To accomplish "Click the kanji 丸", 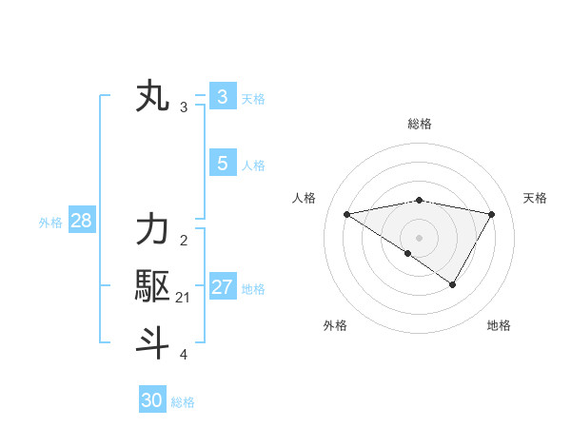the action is coord(153,98).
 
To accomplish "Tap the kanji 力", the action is coord(152,231).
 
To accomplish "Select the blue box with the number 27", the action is coord(223,287).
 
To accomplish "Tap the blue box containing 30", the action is coord(152,400).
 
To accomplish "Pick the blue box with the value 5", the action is coord(223,164).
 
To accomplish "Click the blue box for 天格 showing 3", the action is coord(223,97).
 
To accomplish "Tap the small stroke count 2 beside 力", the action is coord(184,240).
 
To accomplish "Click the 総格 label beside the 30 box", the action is coord(184,402).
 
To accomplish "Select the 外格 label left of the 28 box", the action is coord(50,223).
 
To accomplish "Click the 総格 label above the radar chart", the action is coord(419,124).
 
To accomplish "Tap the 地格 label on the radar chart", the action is coord(499,325).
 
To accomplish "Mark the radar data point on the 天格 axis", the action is coord(491,214).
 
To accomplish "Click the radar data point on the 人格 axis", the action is coord(346,214).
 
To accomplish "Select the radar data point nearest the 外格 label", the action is coord(408,253).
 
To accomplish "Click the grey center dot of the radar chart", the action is coord(419,237).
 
